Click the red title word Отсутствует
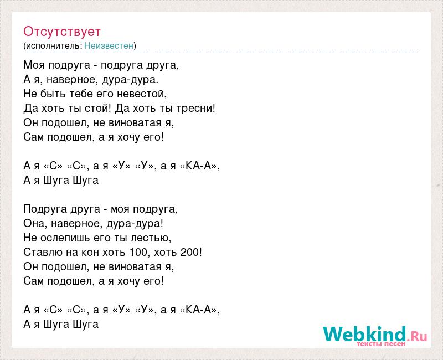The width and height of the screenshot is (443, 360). pyautogui.click(x=62, y=32)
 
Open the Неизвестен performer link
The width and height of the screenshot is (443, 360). pyautogui.click(x=109, y=45)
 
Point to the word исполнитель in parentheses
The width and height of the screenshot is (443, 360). pyautogui.click(x=53, y=46)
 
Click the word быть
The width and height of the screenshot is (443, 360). pyautogui.click(x=53, y=94)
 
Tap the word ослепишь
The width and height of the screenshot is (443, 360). pyautogui.click(x=65, y=238)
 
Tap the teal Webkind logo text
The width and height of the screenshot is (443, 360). pyautogui.click(x=364, y=334)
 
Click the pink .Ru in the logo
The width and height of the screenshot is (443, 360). pyautogui.click(x=418, y=336)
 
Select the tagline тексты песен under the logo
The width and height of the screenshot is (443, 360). pyautogui.click(x=381, y=344)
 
